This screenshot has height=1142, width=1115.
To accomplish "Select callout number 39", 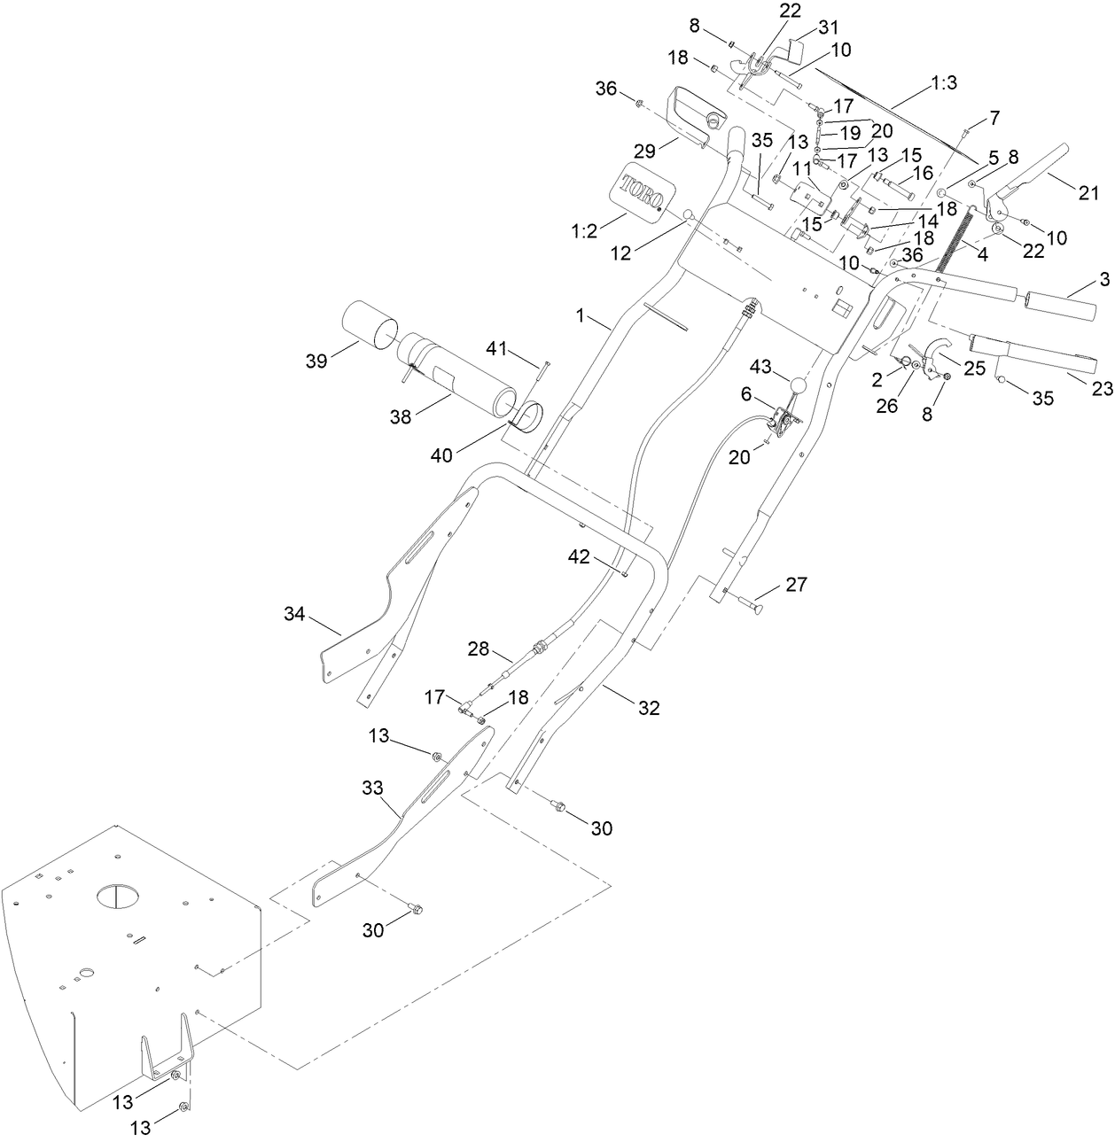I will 316,361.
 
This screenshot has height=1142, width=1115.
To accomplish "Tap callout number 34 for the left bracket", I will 296,613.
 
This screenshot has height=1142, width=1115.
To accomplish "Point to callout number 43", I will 761,366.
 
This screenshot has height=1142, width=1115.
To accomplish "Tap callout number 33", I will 373,787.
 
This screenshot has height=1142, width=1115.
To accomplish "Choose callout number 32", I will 649,708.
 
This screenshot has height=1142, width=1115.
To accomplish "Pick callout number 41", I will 497,349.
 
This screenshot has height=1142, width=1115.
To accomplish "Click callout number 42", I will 579,556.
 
